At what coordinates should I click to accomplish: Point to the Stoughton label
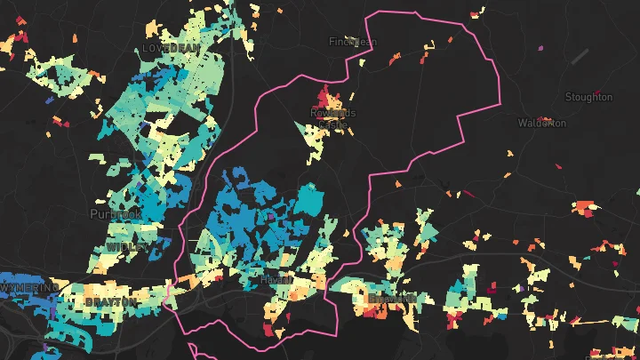click(588, 97)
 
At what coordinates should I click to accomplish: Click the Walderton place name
click(541, 124)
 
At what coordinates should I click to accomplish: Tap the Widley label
click(122, 245)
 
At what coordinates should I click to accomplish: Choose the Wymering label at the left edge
click(26, 290)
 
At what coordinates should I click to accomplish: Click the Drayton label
click(111, 302)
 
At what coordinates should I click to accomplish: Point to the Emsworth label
click(391, 299)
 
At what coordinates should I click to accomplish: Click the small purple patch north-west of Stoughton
click(541, 48)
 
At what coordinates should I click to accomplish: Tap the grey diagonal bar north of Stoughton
click(580, 56)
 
